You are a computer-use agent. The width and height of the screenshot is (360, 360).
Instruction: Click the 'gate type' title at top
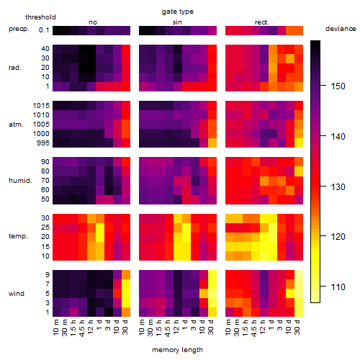click(x=178, y=12)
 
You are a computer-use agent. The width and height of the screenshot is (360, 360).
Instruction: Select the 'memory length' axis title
click(x=177, y=350)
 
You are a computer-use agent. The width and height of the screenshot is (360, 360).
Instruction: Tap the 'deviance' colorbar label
click(x=341, y=29)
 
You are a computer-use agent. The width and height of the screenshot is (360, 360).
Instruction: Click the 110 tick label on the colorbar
click(x=338, y=287)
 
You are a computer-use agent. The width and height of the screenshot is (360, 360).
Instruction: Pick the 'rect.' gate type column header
click(x=261, y=22)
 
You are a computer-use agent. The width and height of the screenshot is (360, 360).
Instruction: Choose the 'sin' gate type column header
click(x=177, y=22)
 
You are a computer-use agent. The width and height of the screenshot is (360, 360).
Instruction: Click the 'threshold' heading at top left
click(x=40, y=17)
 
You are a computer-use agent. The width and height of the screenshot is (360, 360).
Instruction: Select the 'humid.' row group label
click(x=20, y=181)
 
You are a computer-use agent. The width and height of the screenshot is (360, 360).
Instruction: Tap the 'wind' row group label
click(x=17, y=294)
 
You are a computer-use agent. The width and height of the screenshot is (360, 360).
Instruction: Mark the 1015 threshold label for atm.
click(x=41, y=105)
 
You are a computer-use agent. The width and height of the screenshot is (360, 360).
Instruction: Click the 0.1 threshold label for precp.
click(x=44, y=30)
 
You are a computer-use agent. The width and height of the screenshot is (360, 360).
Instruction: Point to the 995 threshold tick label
click(x=43, y=143)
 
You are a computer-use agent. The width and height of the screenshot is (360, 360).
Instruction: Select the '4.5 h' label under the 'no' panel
click(x=83, y=328)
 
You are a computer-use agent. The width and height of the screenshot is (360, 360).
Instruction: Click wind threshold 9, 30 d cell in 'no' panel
click(x=126, y=275)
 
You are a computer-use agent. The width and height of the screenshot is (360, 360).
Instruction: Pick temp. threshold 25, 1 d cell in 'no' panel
click(x=100, y=228)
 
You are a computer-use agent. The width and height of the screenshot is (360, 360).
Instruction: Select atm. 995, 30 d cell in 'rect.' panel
click(x=299, y=143)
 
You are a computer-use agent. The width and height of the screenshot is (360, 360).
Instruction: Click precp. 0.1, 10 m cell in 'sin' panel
click(x=143, y=30)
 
